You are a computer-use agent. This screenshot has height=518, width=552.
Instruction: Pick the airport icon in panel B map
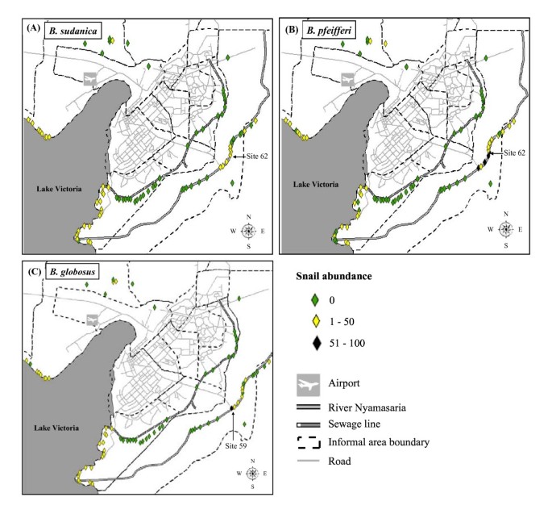point(347,80)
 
